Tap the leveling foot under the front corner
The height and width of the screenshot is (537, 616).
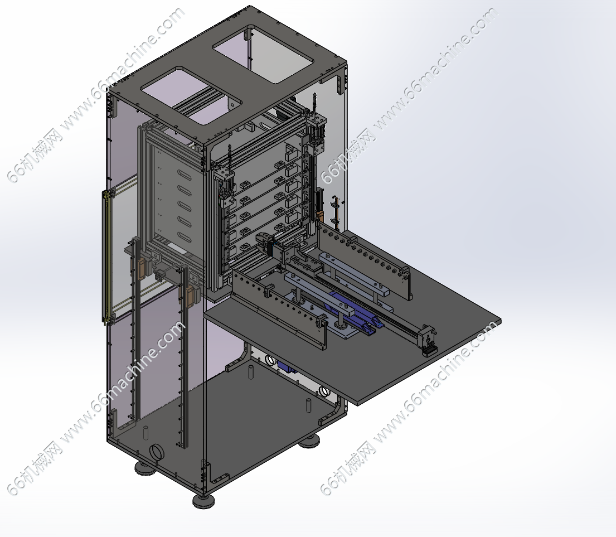tap(203, 500)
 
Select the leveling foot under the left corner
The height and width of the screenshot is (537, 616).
tap(145, 468)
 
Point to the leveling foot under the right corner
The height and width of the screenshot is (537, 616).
tap(309, 443)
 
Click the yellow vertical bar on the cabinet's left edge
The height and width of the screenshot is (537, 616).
tap(105, 257)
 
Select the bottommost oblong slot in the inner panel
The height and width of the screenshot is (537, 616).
tap(185, 236)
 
